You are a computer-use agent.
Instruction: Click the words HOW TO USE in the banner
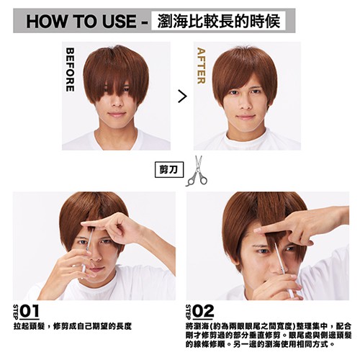coord(81,21)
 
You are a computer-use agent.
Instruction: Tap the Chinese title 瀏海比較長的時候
coord(219,21)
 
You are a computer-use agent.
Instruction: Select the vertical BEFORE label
coord(70,70)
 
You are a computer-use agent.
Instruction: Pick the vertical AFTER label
coord(201,66)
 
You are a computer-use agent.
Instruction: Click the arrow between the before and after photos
coord(182,96)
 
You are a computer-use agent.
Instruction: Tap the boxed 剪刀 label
coord(169,170)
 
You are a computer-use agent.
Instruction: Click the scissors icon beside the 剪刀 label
coord(197,171)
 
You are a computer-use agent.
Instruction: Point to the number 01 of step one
coord(30,312)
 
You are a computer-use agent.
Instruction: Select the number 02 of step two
coord(203,312)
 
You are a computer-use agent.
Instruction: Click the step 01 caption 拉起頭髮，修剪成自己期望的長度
coord(73,326)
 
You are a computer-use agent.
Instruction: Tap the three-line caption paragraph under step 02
coord(269,336)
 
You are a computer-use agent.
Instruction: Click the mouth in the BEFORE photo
coord(117,114)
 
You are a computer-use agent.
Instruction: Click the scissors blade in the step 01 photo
coord(90,240)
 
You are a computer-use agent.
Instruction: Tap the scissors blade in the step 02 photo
coord(279,257)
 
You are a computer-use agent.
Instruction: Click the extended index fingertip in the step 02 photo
coord(257,231)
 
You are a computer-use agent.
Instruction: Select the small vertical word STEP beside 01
coord(16,312)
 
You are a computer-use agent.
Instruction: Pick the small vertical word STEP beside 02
coord(189,312)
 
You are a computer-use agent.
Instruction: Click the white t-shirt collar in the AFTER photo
coord(247,138)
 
